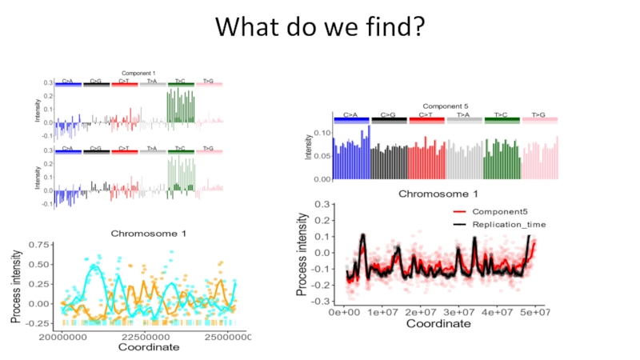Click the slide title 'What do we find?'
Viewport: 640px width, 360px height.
[x=319, y=26]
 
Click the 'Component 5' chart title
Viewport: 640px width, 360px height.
[x=445, y=106]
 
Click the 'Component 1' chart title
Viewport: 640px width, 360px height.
[x=138, y=73]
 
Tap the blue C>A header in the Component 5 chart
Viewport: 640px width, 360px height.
[x=350, y=116]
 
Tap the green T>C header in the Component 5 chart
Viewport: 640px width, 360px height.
[x=501, y=116]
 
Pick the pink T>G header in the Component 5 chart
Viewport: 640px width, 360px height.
[x=538, y=116]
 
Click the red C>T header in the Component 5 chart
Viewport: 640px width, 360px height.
[x=426, y=116]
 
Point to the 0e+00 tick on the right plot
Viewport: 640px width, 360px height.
[x=346, y=312]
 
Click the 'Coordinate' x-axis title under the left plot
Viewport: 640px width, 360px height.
[x=149, y=347]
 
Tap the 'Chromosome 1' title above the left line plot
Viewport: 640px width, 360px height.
[x=148, y=234]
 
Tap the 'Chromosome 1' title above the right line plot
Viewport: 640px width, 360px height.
[x=438, y=193]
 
